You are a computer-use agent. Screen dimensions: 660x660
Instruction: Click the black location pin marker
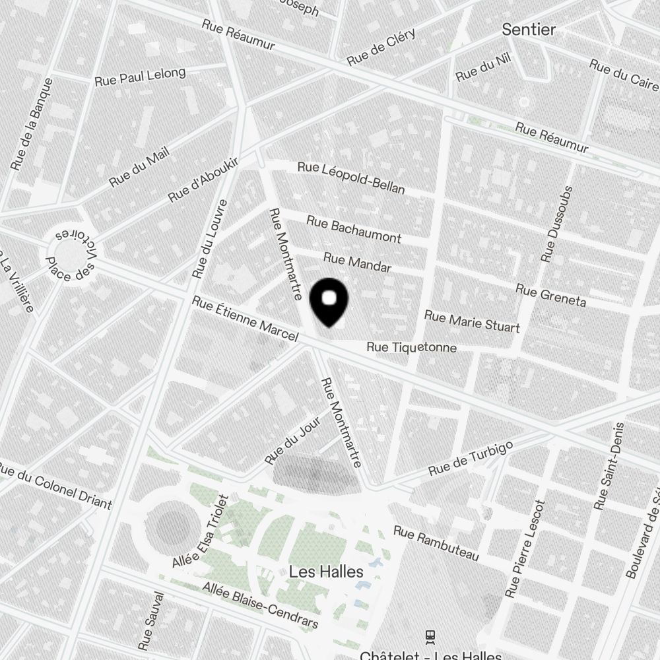pyautogui.click(x=329, y=302)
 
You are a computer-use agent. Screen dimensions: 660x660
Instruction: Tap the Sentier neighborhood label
pyautogui.click(x=529, y=30)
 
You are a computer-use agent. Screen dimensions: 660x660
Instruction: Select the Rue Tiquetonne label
pyautogui.click(x=411, y=347)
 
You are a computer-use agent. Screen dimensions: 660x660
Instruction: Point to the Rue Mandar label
pyautogui.click(x=357, y=262)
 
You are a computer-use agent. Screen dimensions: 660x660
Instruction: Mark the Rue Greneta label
pyautogui.click(x=550, y=296)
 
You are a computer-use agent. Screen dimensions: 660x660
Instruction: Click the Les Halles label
pyautogui.click(x=326, y=572)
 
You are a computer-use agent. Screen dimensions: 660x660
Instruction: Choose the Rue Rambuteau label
pyautogui.click(x=436, y=543)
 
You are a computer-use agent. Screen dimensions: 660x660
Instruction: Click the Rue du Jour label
pyautogui.click(x=292, y=440)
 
